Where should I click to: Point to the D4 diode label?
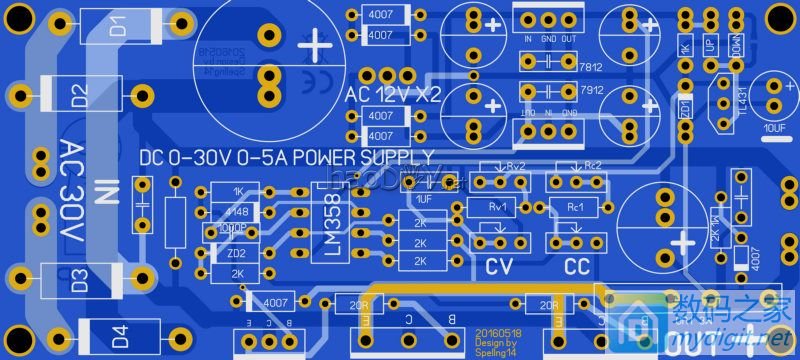click(x=119, y=335)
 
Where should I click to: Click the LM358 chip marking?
click(x=333, y=230)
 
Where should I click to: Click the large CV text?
click(x=498, y=267)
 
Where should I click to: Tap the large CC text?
click(x=577, y=267)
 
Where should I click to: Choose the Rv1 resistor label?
click(x=497, y=208)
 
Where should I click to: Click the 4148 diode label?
click(x=238, y=211)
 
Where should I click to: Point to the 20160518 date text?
click(x=498, y=331)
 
